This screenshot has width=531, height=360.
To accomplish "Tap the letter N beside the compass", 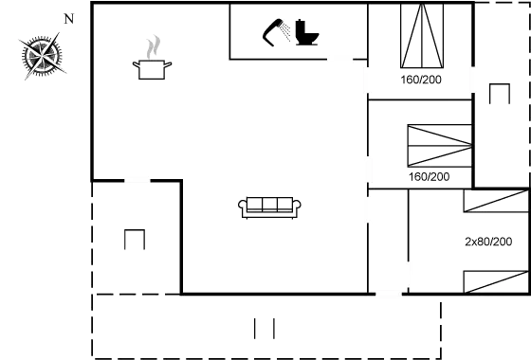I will (67, 18).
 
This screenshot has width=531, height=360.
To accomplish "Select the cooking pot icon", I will (151, 67).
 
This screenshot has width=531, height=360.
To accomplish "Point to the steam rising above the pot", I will (153, 45).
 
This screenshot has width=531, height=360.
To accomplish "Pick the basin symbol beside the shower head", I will (306, 34).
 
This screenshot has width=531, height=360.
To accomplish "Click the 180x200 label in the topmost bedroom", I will (420, 79).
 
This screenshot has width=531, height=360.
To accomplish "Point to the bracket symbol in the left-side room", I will (135, 240).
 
